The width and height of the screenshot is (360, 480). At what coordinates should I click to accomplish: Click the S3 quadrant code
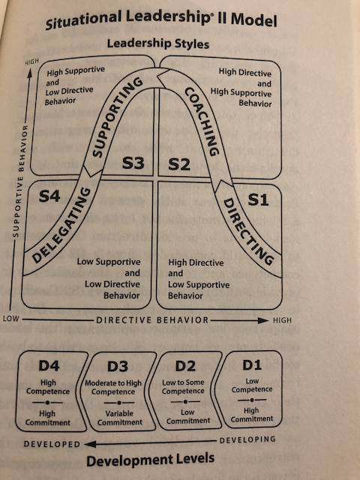(133, 163)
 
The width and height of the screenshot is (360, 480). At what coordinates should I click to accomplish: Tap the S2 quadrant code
(179, 163)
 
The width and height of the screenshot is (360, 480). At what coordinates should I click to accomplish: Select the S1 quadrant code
(258, 199)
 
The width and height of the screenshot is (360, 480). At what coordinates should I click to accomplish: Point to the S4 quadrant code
(49, 196)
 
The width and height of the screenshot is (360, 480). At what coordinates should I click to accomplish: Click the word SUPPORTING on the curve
(117, 117)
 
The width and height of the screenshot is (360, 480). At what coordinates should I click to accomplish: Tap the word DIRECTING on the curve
(247, 232)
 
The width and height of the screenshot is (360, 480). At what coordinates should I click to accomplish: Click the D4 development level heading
(49, 366)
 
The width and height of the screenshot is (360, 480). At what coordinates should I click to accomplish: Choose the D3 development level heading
(118, 367)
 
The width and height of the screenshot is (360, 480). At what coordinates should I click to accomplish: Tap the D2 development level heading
(185, 366)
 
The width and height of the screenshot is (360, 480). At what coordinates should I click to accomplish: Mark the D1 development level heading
(252, 365)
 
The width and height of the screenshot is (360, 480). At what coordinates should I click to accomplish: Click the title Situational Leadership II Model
(161, 20)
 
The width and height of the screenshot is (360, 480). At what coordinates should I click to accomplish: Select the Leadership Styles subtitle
(158, 43)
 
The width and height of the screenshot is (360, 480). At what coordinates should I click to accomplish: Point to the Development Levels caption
(150, 460)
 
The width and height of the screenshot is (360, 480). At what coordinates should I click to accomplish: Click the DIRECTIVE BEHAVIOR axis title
(152, 320)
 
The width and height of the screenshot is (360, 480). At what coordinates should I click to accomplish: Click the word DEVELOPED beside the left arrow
(52, 444)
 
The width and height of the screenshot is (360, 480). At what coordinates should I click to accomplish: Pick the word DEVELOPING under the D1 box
(247, 440)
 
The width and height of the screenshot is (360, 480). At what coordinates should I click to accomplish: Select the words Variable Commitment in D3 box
(120, 418)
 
